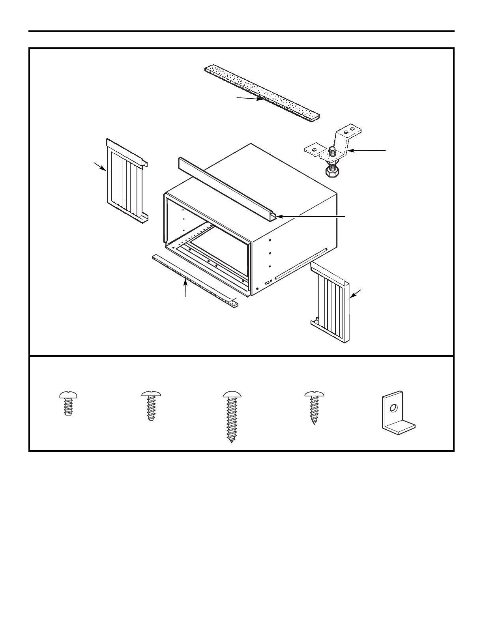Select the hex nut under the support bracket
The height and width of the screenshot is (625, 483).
(331, 172)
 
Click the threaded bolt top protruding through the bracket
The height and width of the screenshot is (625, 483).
(332, 150)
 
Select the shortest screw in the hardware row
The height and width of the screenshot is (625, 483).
(68, 403)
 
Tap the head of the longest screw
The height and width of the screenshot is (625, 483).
(232, 394)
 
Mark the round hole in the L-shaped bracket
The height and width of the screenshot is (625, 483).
(393, 408)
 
